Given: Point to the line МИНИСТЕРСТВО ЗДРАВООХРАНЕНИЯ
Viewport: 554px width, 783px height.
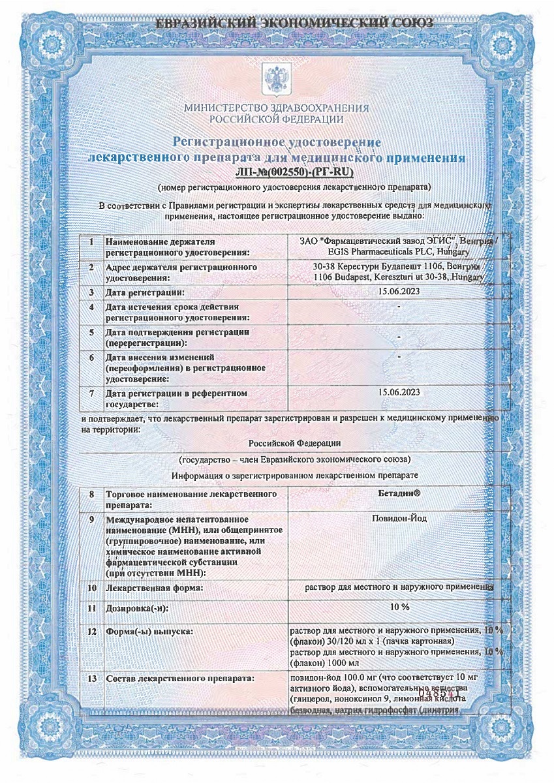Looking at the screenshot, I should pyautogui.click(x=277, y=108).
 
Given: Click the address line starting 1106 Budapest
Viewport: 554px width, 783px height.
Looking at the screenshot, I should pyautogui.click(x=398, y=277).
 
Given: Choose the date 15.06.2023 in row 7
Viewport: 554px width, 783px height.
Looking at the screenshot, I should pyautogui.click(x=399, y=392).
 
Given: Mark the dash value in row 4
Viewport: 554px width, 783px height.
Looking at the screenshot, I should pyautogui.click(x=398, y=307).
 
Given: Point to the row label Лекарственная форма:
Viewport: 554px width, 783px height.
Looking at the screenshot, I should pyautogui.click(x=154, y=589).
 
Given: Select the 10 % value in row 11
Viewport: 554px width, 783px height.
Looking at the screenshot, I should pyautogui.click(x=399, y=607).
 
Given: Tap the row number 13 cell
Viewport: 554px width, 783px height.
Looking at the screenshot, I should pyautogui.click(x=92, y=679).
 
